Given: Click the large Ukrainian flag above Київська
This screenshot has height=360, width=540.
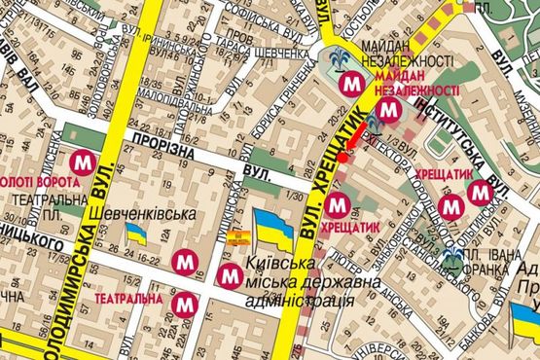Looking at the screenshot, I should [x=273, y=231].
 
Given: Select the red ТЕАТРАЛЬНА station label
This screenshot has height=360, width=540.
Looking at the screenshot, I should [x=128, y=298].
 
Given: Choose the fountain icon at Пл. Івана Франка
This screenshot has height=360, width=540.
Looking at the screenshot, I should [x=452, y=258].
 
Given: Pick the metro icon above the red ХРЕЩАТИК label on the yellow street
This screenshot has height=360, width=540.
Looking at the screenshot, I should [x=338, y=204].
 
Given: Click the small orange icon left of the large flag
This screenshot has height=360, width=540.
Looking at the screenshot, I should [x=234, y=234].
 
